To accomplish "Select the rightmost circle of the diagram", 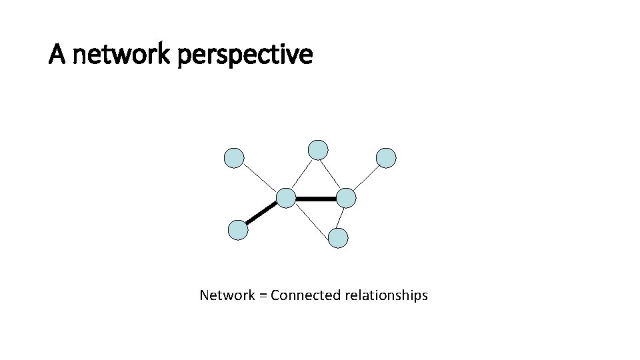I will pos(386,158).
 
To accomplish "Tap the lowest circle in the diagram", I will pos(339,238).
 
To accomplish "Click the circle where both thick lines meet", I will pos(286,197).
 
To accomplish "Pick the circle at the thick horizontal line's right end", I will pos(346,198).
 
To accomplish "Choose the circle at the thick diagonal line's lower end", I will pos(238,230).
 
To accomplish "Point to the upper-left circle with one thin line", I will pos(234,158).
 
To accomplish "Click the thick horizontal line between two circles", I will pos(316,198).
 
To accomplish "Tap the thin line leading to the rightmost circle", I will pos(366,178).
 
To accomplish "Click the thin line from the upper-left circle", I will pos(260,178).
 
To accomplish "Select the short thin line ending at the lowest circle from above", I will pos(342,218).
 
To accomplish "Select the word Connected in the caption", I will pos(306,295).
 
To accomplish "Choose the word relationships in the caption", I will pos(386,295).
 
